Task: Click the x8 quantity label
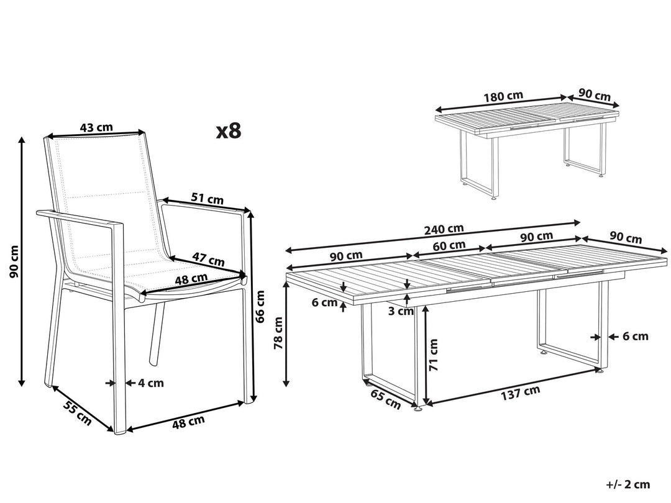229,131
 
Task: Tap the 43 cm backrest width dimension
96,127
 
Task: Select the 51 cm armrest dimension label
207,199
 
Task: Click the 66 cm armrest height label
260,306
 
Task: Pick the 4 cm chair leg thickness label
150,383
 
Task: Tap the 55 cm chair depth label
78,413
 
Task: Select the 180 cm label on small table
503,97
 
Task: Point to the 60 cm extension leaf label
449,245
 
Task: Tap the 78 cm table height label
278,333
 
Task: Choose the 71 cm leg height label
434,355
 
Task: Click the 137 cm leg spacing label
521,392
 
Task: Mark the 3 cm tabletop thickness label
401,311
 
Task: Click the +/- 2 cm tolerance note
628,484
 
